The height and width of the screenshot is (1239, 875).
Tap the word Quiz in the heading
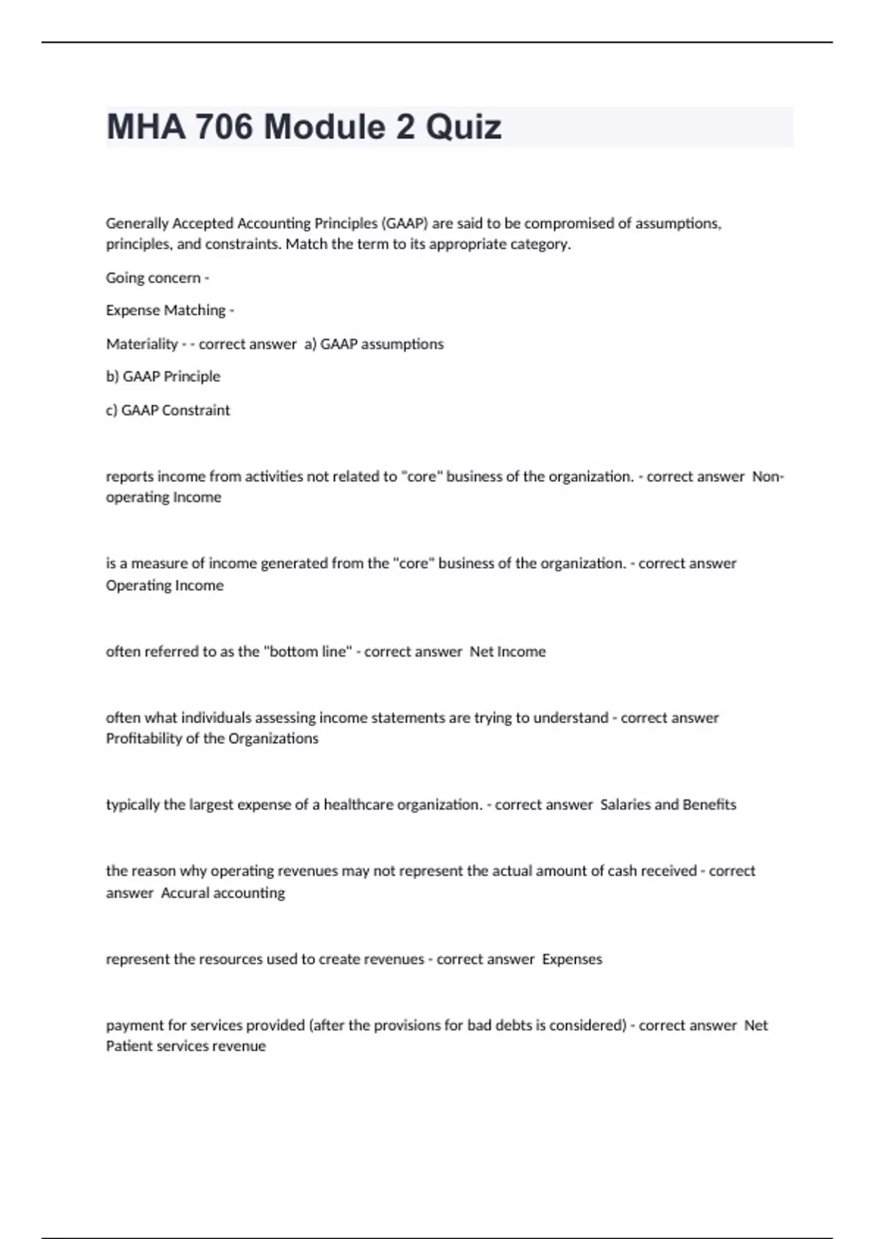[464, 127]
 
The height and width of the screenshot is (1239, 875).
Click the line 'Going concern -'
[157, 278]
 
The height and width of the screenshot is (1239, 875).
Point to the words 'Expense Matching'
[166, 310]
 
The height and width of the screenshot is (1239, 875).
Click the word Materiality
[141, 344]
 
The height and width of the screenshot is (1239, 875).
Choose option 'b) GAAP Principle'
[163, 377]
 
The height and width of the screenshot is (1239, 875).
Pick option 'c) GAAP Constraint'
[168, 410]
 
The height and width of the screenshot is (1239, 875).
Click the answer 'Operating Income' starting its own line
[165, 585]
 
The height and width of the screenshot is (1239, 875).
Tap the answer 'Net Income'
[507, 652]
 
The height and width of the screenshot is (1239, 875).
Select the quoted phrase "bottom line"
[307, 652]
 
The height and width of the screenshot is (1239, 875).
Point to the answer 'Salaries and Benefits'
[668, 805]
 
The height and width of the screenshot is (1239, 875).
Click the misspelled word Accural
[184, 893]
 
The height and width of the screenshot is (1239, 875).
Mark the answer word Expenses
[572, 959]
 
